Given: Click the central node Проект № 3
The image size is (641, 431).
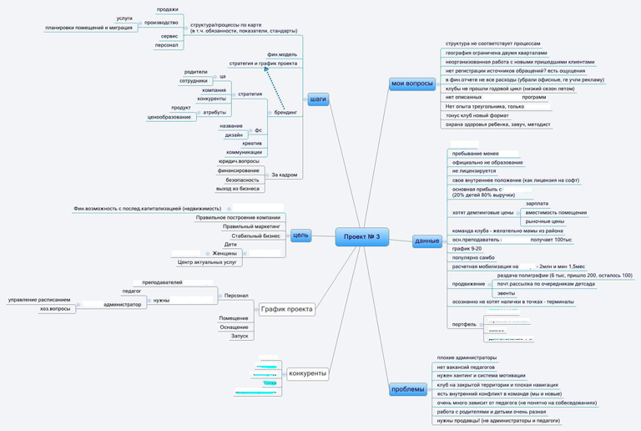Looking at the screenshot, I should click(361, 237).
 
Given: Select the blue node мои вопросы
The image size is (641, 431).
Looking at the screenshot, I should click(412, 84).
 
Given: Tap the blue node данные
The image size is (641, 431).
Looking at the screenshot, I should click(427, 241).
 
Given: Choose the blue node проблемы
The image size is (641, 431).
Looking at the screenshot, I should click(408, 389).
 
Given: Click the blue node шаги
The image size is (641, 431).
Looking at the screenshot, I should click(318, 99).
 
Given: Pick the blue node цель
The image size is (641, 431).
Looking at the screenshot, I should click(300, 236).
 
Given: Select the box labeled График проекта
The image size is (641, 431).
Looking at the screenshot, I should click(286, 309).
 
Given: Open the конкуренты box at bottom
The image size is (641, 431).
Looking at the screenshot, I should click(306, 373).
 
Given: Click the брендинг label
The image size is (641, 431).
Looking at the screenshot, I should click(285, 112).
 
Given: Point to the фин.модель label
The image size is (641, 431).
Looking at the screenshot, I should click(282, 54).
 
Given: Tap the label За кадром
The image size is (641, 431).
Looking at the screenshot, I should click(284, 175).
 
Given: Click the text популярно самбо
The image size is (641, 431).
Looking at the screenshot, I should click(473, 257).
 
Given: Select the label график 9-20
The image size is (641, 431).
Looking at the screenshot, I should click(467, 248).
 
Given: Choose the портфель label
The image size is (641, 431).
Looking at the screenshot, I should click(464, 324).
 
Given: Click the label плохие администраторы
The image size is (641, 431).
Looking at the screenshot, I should click(466, 357).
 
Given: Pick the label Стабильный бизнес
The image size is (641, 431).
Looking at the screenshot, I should click(256, 236).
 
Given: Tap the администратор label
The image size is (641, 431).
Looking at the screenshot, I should click(123, 304).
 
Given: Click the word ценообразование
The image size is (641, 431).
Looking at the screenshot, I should click(169, 117).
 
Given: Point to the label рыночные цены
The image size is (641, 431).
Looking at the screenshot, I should click(544, 221).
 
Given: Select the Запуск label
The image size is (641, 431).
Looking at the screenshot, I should click(240, 336).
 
